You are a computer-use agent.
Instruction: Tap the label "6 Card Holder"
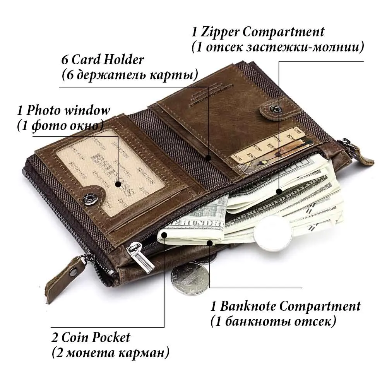tap(103, 60)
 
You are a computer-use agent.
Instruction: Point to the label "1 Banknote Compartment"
tap(286, 307)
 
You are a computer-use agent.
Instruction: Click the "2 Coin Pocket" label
tap(91, 337)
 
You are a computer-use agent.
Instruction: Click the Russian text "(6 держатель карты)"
tap(130, 74)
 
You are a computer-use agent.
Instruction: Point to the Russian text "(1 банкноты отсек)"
tap(273, 321)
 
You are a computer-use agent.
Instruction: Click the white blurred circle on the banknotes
tap(274, 235)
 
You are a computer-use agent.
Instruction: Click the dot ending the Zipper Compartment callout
tap(278, 191)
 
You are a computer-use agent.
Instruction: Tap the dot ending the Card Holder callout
tap(208, 158)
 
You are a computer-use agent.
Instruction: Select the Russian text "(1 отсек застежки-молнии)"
tap(278, 47)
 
